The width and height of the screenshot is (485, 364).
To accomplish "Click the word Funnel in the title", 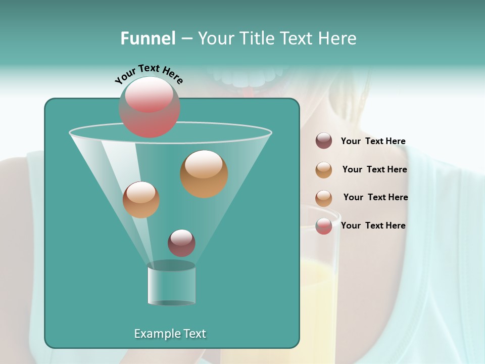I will (148, 38).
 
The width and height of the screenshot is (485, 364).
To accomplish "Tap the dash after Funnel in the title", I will (186, 39).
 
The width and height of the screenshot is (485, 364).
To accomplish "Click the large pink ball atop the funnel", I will (150, 107).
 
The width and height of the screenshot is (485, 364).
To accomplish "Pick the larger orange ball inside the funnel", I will (204, 173).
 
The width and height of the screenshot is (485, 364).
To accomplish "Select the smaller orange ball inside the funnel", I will (141, 199).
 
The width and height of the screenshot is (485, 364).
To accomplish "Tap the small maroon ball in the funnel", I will (181, 243).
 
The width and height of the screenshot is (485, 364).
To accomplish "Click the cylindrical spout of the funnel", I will (171, 284).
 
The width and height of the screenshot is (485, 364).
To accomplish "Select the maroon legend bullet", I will (324, 141).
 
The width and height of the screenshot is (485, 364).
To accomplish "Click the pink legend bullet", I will (324, 226).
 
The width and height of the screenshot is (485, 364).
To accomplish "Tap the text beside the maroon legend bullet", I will (373, 141).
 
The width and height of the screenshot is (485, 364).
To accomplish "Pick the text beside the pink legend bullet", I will (373, 225).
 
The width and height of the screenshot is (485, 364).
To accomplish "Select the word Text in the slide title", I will (295, 38).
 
